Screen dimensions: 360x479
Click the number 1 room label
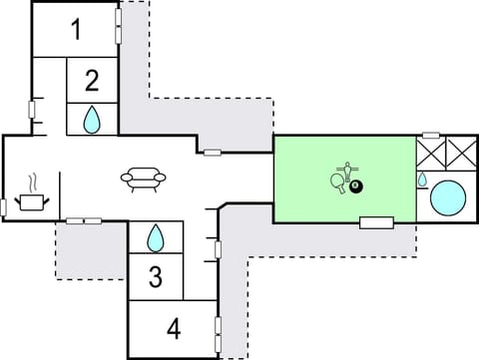(x=76, y=30)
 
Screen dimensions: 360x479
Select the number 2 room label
(x=92, y=80)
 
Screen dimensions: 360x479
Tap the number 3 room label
(x=155, y=276)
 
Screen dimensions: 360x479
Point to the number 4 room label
(x=174, y=327)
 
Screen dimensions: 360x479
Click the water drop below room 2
(x=92, y=120)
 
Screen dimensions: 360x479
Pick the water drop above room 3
(x=156, y=237)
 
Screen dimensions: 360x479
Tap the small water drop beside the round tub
(x=422, y=180)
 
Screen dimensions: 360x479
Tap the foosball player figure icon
(x=348, y=169)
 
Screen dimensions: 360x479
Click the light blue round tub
(x=447, y=196)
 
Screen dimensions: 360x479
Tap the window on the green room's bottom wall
(x=375, y=221)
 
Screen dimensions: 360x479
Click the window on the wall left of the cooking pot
(x=4, y=206)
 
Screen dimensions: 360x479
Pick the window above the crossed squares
(x=431, y=135)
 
